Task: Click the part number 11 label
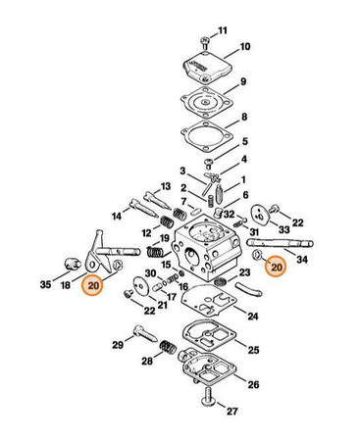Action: (223, 31)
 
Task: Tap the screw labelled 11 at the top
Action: (204, 43)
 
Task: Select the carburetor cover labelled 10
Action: (207, 67)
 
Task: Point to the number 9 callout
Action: (243, 81)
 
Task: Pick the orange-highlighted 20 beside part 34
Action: (276, 267)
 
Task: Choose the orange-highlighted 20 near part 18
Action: (93, 285)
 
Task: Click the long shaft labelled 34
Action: (280, 244)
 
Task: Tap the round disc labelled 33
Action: (260, 215)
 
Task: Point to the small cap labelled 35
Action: (72, 264)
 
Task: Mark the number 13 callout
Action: (166, 186)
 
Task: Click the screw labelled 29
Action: (145, 333)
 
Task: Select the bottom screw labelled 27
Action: (208, 397)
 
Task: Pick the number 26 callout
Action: (253, 384)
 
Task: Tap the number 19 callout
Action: (164, 238)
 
